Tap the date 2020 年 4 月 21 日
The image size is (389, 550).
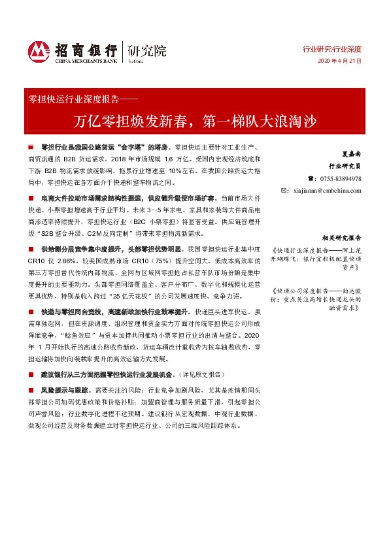pos(339,61)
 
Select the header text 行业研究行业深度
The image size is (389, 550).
pos(331,49)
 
